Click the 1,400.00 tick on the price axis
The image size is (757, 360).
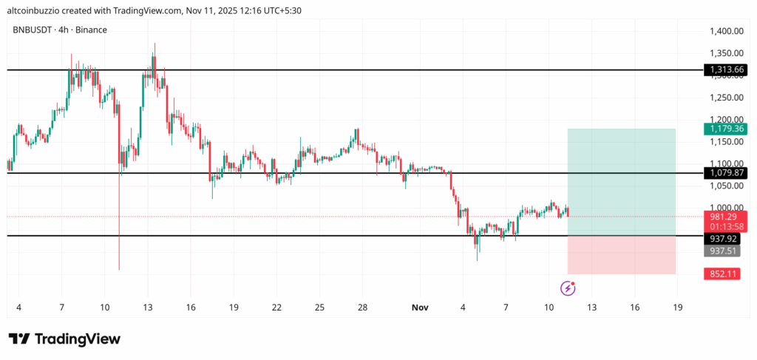tap(724, 31)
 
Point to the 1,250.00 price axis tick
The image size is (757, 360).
tap(724, 98)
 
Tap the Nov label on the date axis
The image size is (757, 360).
tap(420, 307)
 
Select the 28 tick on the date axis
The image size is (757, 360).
tap(362, 307)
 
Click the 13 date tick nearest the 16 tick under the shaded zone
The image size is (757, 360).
tap(591, 307)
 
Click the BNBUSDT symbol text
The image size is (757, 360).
tap(33, 30)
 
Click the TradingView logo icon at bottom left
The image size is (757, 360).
tap(19, 339)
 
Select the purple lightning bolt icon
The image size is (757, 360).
tap(567, 288)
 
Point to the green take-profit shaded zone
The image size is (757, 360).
tap(621, 182)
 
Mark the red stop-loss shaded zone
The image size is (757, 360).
tap(621, 255)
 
